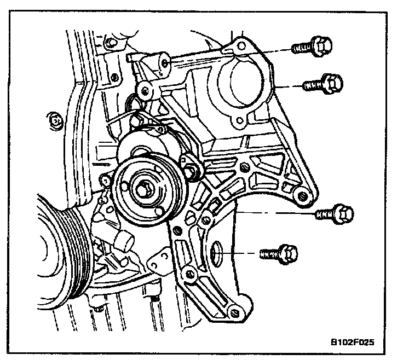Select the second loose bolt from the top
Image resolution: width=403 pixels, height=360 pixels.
tap(324, 84)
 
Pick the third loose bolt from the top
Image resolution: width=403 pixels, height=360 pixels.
tap(334, 213)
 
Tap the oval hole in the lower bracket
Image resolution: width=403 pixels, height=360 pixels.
tap(216, 253)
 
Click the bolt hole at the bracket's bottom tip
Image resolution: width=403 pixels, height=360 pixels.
tap(235, 312)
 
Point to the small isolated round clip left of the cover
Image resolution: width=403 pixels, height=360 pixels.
tap(55, 119)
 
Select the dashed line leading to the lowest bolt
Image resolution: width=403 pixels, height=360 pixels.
tap(241, 253)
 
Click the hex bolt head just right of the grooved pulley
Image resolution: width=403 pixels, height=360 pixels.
tap(192, 171)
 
